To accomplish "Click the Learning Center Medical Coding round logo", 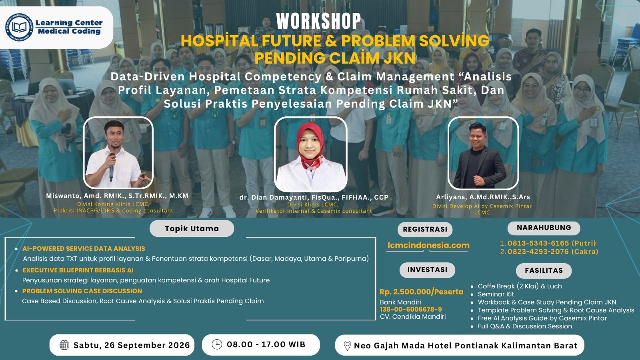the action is tap(20, 27).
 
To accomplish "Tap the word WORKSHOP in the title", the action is tap(318, 21).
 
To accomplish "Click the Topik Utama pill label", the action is tap(192, 228).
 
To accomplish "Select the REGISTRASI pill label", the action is tap(425, 230).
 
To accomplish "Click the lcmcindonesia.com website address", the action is tap(428, 245).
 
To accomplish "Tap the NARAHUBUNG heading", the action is tap(544, 228).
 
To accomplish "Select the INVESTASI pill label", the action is tap(427, 270).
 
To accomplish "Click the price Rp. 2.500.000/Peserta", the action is tap(422, 292).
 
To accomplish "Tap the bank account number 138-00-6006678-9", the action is tap(411, 310).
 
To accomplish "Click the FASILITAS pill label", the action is tap(544, 270).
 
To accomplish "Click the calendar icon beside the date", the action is tap(64, 345).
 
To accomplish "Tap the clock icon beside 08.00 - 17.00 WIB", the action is tap(217, 344).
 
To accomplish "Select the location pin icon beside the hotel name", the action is tap(347, 346).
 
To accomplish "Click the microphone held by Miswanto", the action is tap(112, 167).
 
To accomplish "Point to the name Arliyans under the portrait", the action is tap(450, 197).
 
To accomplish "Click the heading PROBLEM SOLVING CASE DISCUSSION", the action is tap(82, 291).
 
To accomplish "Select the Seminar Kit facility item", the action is tap(496, 294).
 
